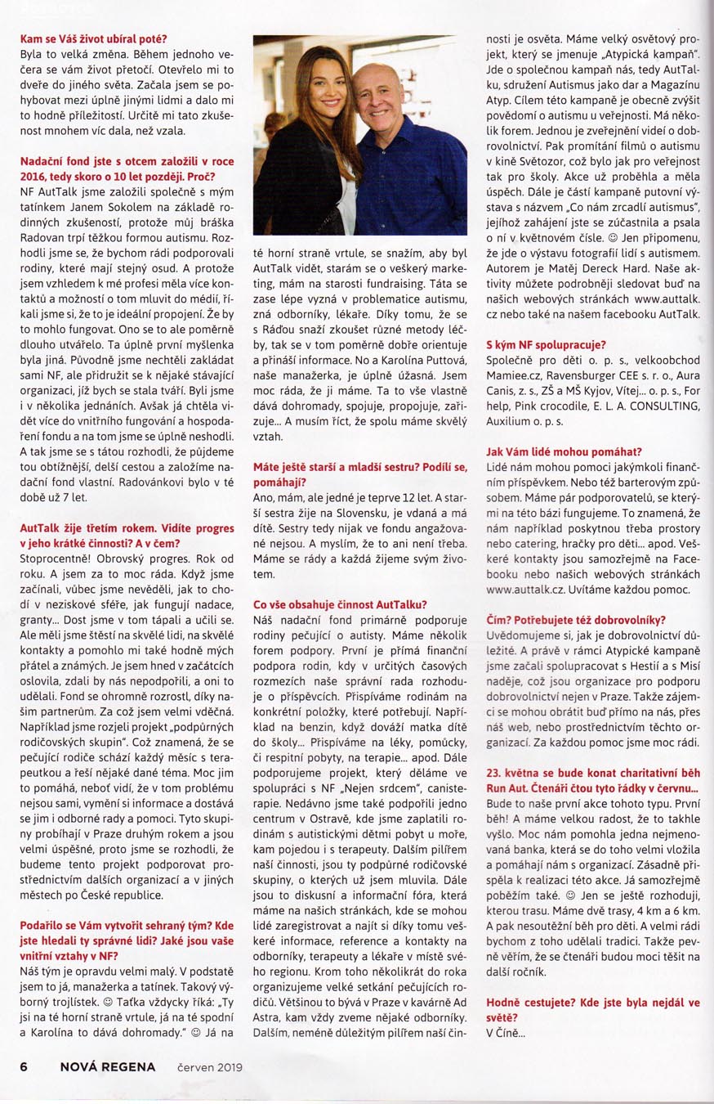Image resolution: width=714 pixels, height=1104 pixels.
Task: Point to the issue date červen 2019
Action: pos(209,1066)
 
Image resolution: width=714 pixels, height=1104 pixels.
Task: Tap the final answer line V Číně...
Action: pos(504,1034)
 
